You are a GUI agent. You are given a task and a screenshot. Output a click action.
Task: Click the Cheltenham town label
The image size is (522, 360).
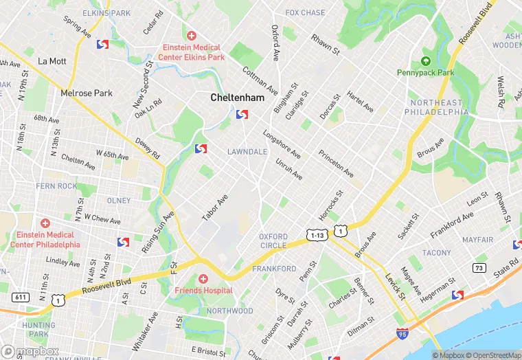click(x=237, y=98)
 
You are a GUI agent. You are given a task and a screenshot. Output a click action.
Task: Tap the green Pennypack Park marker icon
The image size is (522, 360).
click(x=425, y=61)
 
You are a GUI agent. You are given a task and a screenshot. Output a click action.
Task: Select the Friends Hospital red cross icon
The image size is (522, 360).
click(x=203, y=279)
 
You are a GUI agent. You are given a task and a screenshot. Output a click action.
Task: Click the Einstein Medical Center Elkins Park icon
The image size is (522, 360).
click(x=191, y=36)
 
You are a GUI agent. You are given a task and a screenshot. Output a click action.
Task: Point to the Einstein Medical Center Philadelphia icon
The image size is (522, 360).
click(x=45, y=224)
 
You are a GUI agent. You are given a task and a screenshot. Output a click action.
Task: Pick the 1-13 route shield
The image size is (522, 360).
click(x=317, y=236)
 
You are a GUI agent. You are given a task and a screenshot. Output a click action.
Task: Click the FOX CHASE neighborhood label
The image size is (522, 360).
click(x=305, y=12)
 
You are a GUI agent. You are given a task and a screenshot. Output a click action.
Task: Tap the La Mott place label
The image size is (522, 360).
click(x=52, y=60)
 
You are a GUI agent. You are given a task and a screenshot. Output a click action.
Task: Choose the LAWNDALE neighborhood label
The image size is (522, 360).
click(x=247, y=151)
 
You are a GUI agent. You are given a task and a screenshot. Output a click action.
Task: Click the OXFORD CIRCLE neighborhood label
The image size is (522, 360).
click(x=273, y=241)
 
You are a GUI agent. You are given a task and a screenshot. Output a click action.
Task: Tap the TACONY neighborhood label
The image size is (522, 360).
click(x=437, y=253)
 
